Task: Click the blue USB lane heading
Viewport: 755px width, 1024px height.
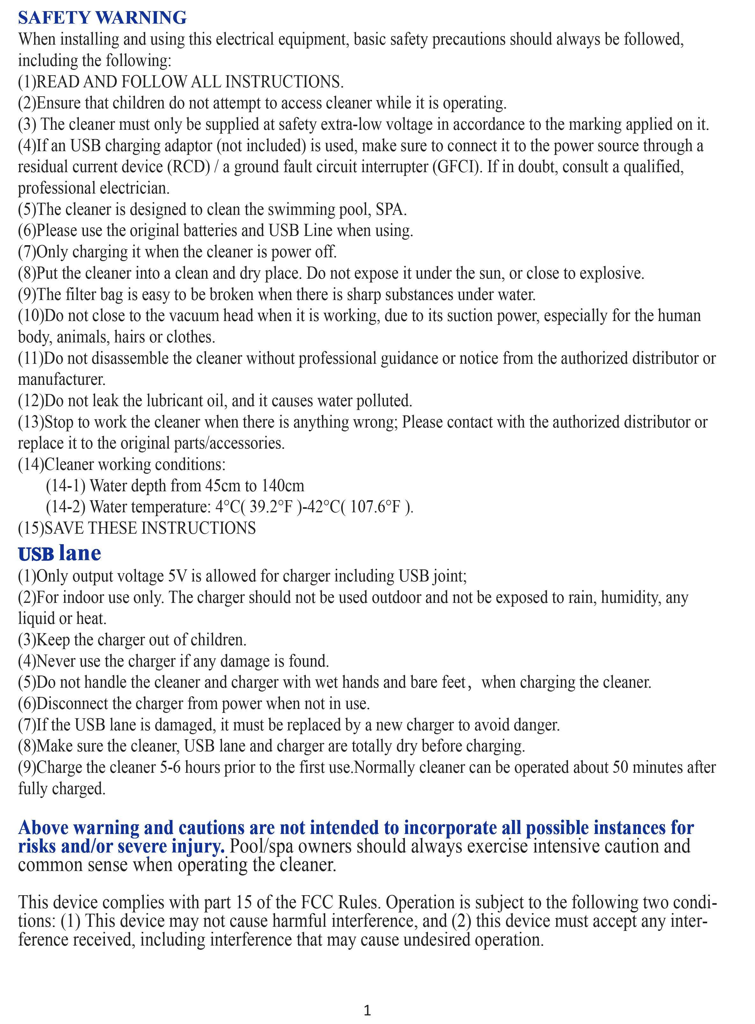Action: pyautogui.click(x=59, y=553)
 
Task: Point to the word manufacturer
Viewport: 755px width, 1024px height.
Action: pyautogui.click(x=61, y=379)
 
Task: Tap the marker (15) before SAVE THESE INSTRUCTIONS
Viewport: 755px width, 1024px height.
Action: pyautogui.click(x=31, y=528)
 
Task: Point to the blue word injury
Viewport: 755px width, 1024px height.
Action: pyautogui.click(x=198, y=846)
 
